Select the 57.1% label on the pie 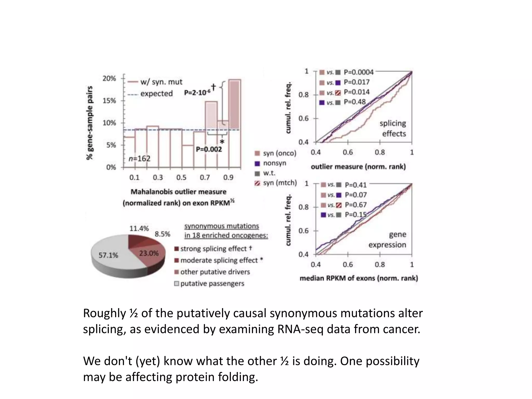coord(108,255)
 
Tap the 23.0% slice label coord(149,253)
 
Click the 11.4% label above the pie coord(139,229)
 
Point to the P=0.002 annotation coord(209,149)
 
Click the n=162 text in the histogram coord(139,158)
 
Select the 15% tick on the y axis coord(109,101)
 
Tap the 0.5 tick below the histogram coord(181,178)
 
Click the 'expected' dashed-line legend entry coord(156,94)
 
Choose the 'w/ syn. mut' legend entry coord(161,82)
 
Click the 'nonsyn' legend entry coord(275,163)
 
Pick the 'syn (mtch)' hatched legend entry coord(280,183)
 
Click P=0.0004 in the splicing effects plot coord(358,72)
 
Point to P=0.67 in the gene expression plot coord(356,205)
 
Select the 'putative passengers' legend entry coord(212,283)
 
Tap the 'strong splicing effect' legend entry coord(213,249)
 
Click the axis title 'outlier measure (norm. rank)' coord(358,167)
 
